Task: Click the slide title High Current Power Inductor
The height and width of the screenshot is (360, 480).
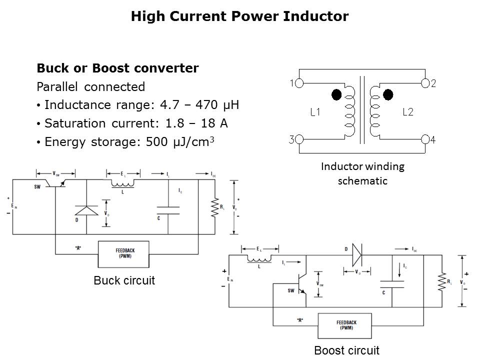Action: tap(239, 16)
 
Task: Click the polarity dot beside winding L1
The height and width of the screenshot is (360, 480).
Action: tap(336, 94)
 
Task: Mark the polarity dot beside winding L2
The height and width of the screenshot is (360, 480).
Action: tap(388, 94)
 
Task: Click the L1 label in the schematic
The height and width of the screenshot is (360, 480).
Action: tap(315, 112)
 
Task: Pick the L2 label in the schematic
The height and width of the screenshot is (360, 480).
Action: tap(408, 112)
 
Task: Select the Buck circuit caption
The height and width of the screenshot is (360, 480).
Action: tap(124, 280)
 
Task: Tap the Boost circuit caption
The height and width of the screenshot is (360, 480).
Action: tap(346, 350)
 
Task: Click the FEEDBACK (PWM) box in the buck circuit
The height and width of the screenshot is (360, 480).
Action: tap(123, 253)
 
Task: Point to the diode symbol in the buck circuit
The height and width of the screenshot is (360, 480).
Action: tap(86, 210)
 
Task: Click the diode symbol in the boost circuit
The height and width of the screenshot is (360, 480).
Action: tap(356, 255)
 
